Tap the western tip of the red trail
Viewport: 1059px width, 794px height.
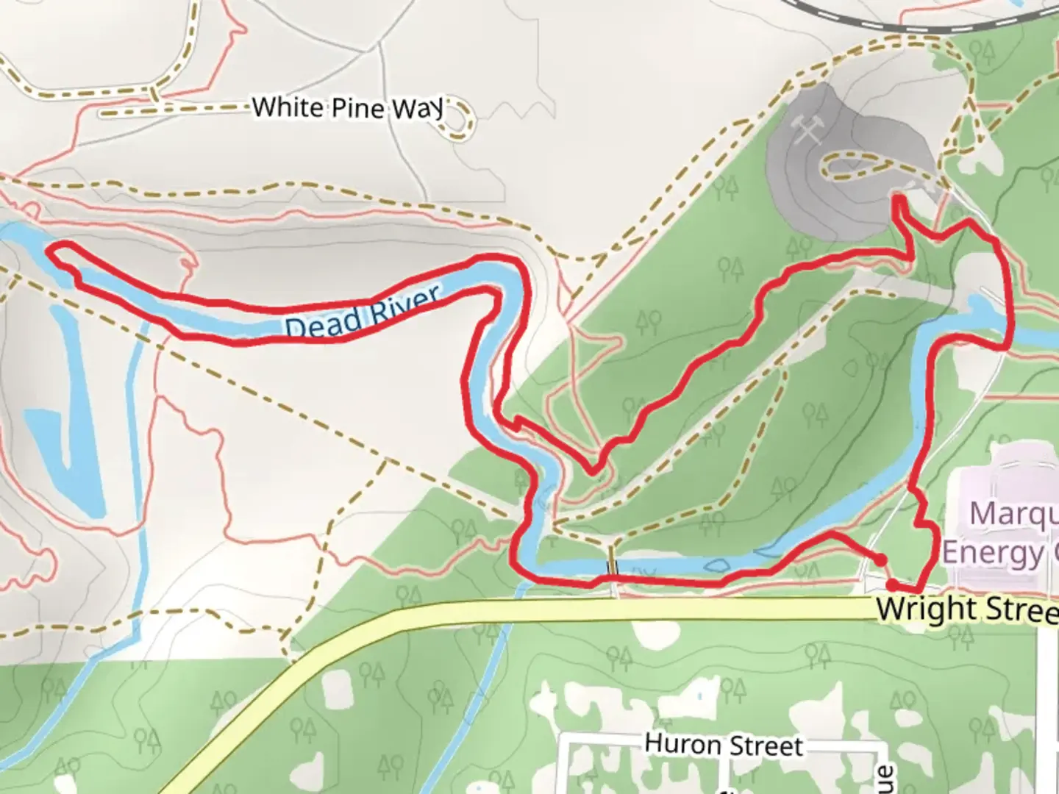(x=51, y=252)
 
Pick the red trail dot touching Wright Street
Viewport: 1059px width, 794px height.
(x=891, y=585)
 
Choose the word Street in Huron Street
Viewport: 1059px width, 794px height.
(x=765, y=747)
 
